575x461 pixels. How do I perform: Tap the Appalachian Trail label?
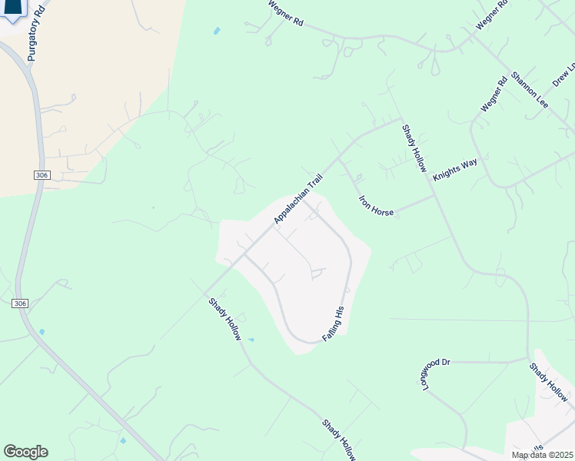point(298,199)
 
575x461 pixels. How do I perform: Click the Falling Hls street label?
point(333,324)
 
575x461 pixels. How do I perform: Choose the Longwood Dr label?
point(424,371)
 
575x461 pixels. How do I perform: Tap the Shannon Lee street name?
point(529,89)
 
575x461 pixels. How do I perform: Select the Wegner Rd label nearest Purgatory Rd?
point(285,15)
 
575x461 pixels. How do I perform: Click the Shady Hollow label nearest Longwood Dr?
point(548,382)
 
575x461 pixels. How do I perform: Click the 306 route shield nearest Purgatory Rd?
point(42,176)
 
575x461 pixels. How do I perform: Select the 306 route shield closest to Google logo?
point(21,304)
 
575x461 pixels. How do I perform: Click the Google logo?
point(25,451)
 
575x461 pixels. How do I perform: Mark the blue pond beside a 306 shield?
point(42,332)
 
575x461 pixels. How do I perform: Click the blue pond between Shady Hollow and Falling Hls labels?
point(251,340)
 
